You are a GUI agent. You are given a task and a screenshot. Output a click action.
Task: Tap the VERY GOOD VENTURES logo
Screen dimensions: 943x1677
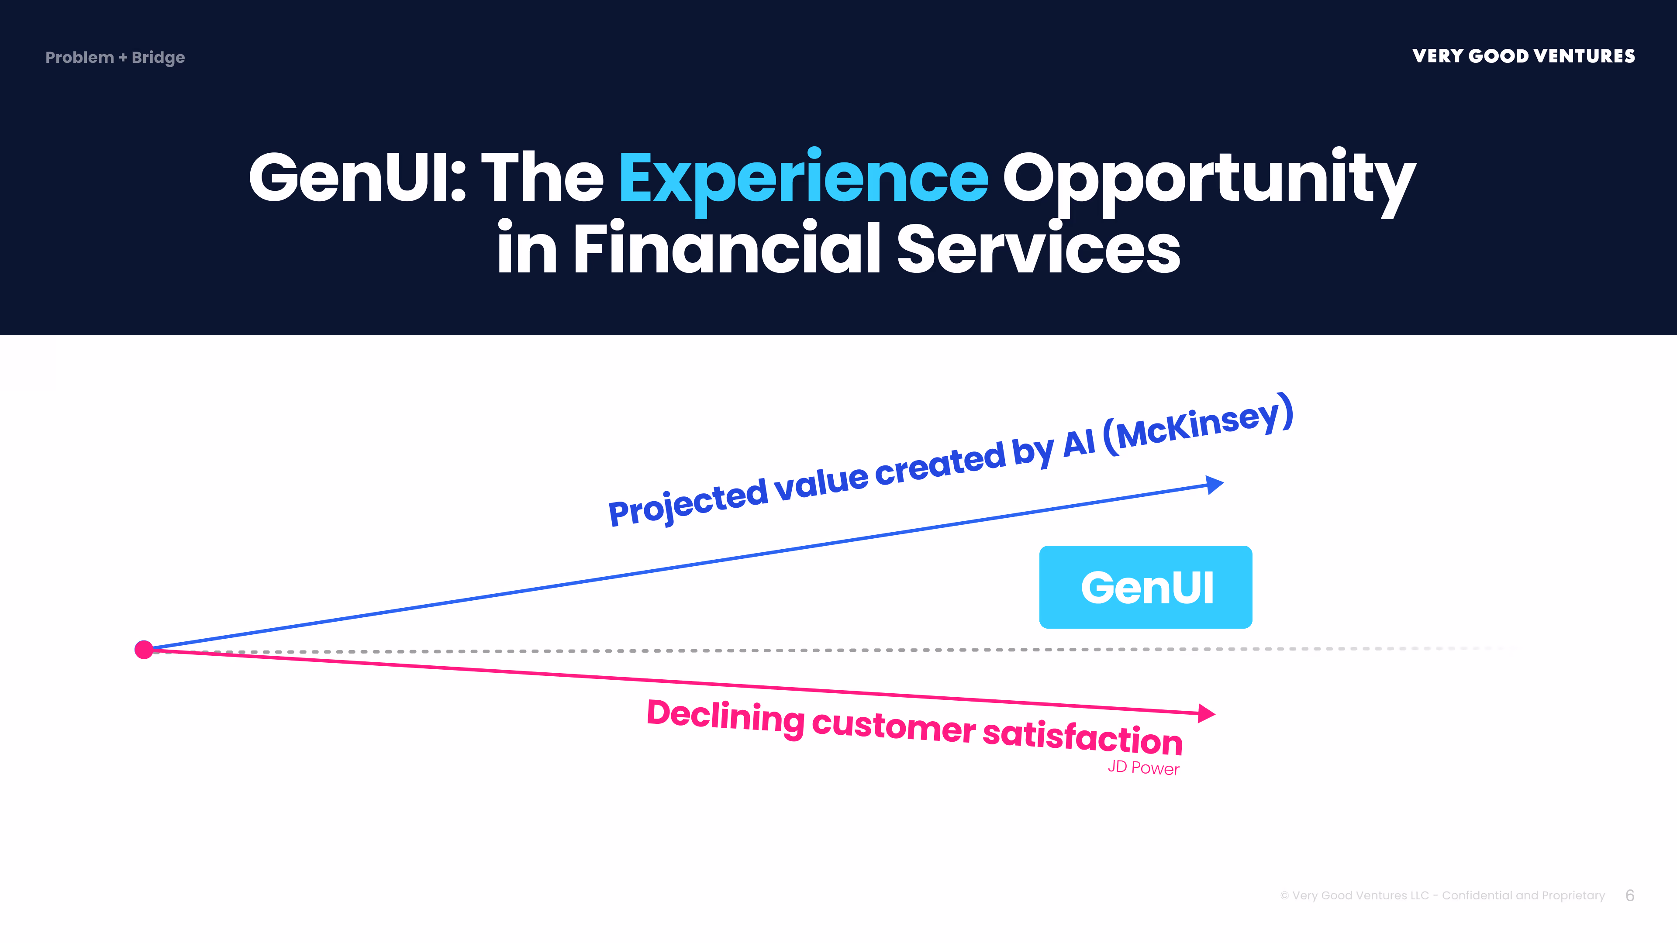1523,56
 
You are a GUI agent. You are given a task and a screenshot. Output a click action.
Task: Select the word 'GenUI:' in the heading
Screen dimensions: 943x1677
357,178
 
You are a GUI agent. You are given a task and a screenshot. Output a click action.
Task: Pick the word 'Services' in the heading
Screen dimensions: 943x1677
1039,250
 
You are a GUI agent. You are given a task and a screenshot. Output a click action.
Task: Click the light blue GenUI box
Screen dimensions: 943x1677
1145,587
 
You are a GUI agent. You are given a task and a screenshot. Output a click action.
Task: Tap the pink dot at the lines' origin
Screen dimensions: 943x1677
144,650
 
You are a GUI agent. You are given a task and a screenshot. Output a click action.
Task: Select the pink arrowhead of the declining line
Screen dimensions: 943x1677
1206,713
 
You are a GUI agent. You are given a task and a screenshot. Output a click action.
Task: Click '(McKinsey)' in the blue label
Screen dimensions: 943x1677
1198,424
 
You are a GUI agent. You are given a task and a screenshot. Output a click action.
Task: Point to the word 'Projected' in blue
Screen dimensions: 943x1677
688,501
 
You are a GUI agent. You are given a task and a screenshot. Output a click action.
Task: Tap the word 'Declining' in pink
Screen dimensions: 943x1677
725,716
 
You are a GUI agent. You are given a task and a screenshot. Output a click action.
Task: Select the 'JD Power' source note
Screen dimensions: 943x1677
1143,768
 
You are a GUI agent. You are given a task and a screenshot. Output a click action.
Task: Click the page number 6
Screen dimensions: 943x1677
1629,895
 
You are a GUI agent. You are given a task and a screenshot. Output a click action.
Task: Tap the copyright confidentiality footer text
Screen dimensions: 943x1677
1442,895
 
